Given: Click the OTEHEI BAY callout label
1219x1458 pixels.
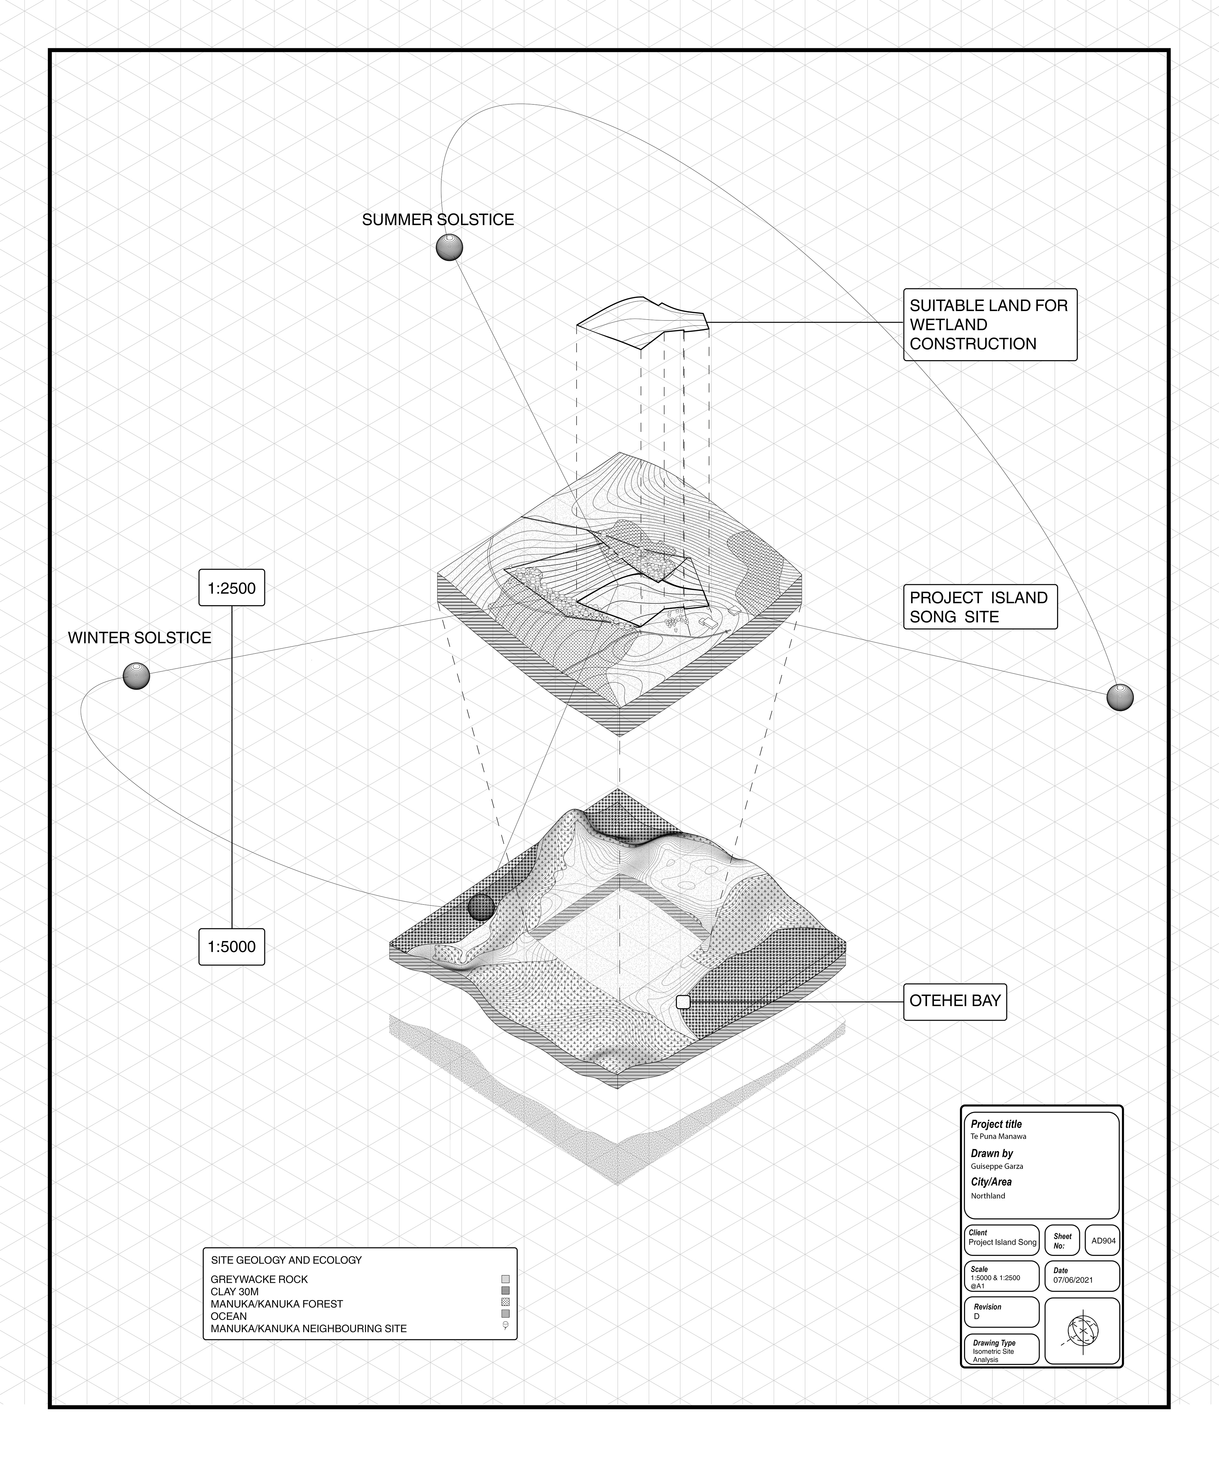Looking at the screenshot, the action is (x=954, y=1001).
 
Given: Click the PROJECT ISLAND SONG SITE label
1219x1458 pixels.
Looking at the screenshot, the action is (x=979, y=607).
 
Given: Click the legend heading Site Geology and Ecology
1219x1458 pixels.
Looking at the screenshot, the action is (x=286, y=1260).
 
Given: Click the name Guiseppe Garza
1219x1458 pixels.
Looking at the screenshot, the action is (x=997, y=1166).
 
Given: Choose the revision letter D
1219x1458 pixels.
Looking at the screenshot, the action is (x=976, y=1316).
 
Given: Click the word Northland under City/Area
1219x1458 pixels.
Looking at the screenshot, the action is (x=988, y=1196).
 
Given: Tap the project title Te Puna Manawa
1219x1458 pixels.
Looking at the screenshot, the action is (x=998, y=1137).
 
